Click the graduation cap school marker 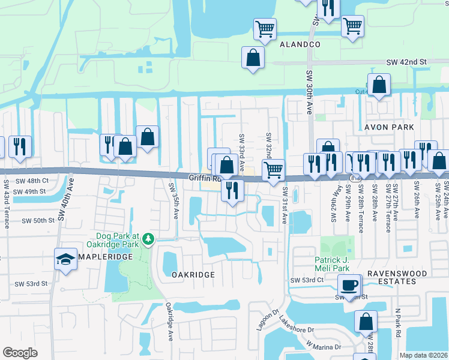(66, 259)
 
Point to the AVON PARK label (389, 127)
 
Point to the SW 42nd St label (406, 62)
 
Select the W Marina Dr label (324, 346)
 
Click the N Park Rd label (397, 323)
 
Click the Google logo (20, 353)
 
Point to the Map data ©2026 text (423, 355)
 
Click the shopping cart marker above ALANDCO (265, 29)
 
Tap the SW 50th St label (38, 221)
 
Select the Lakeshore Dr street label (297, 326)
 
